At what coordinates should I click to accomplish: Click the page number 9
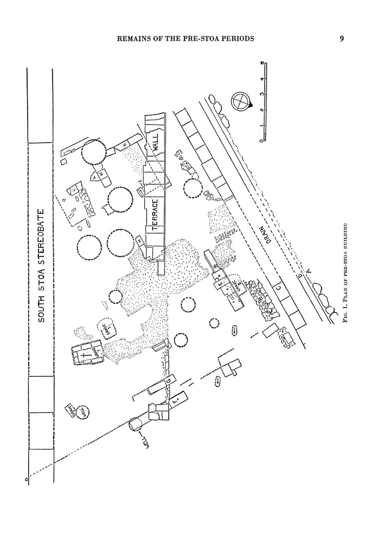tap(341, 39)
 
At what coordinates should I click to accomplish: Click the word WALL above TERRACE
tap(155, 141)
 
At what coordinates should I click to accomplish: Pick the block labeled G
tap(169, 382)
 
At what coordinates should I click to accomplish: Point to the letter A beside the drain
tap(309, 269)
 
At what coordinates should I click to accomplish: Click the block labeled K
tap(126, 143)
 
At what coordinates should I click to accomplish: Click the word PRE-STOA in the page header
tap(201, 39)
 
